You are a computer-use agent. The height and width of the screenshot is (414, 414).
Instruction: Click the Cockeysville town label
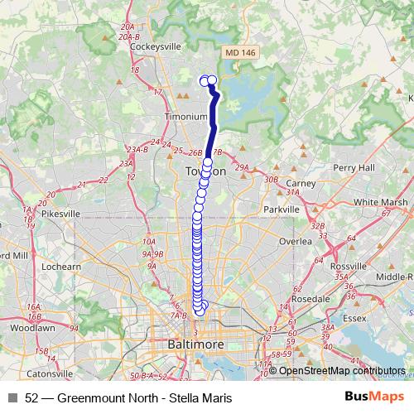point(150,47)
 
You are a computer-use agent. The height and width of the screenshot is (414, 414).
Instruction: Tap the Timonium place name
point(185,118)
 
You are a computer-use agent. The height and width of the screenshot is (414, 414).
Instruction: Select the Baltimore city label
point(196,343)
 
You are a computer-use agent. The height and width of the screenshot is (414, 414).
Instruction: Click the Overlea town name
point(296,241)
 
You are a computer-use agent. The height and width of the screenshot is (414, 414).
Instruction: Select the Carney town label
point(301,182)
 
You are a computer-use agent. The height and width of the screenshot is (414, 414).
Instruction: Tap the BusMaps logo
point(379,397)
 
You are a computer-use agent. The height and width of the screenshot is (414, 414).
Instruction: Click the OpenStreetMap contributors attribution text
point(342,371)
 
